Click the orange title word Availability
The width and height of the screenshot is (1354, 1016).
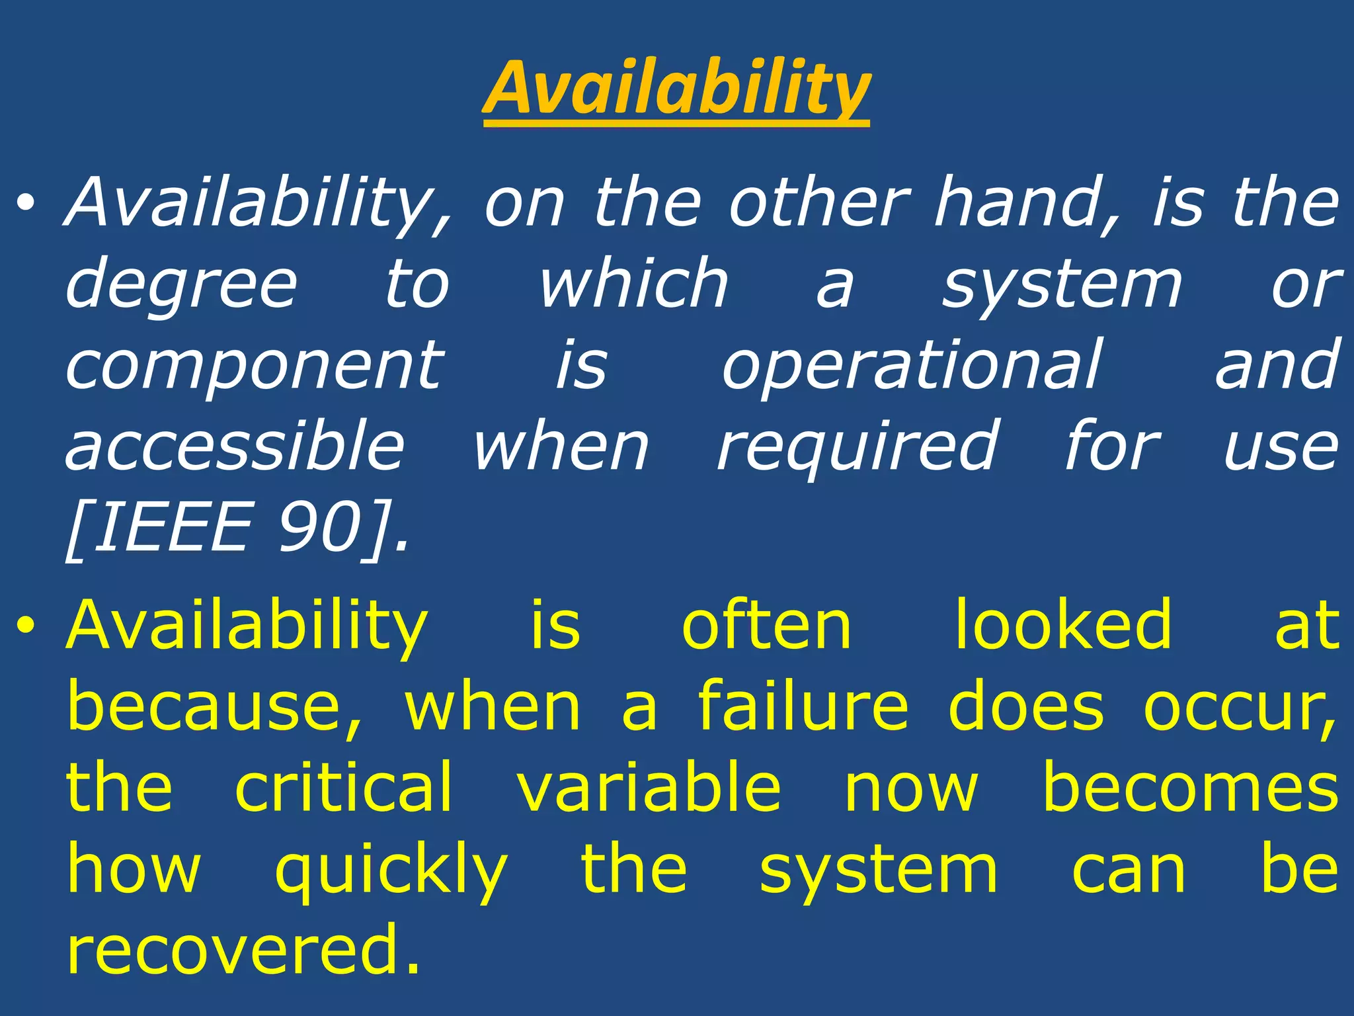[676, 89]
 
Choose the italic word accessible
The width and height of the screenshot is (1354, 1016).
[235, 446]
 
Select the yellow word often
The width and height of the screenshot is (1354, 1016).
[767, 625]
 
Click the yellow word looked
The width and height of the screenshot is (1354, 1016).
[1064, 625]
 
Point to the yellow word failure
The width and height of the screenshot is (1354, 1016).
[803, 706]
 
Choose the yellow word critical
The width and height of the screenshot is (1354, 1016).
[344, 787]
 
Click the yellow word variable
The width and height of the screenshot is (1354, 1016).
[649, 787]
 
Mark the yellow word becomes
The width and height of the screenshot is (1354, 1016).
[1190, 787]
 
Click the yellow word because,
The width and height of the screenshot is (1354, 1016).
[215, 706]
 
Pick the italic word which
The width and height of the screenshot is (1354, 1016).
[633, 284]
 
